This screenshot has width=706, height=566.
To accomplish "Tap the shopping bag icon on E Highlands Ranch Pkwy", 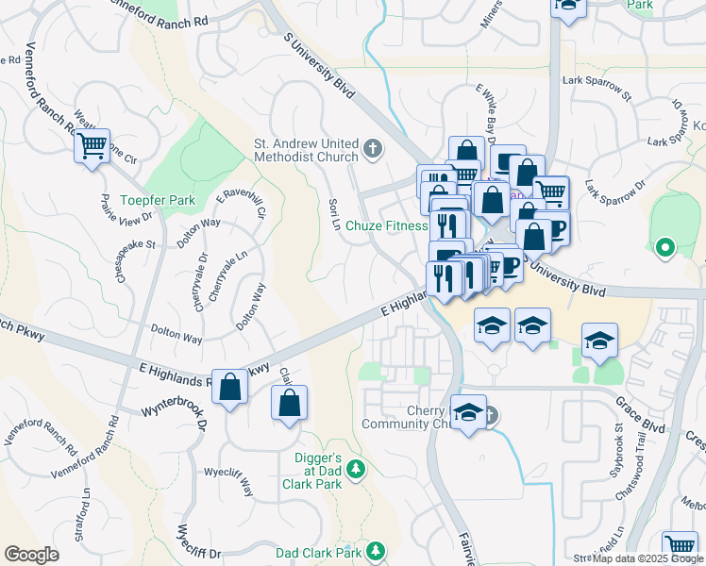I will [x=230, y=387].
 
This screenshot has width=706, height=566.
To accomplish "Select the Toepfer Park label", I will [x=158, y=200].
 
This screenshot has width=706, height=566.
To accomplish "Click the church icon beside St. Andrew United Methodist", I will [x=374, y=148].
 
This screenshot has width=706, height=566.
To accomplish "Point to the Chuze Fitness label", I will [x=387, y=225].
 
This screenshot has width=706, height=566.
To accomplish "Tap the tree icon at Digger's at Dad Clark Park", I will [x=356, y=468].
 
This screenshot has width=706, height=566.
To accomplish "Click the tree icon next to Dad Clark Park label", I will [x=376, y=551].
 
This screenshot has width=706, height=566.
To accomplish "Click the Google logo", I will [x=31, y=555].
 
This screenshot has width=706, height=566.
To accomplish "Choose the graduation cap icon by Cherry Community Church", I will [x=468, y=413].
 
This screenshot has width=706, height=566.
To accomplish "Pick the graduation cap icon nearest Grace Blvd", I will [x=599, y=341].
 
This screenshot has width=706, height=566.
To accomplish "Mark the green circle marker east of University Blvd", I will [x=664, y=248].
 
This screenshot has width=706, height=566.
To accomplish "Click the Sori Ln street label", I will [x=334, y=213].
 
